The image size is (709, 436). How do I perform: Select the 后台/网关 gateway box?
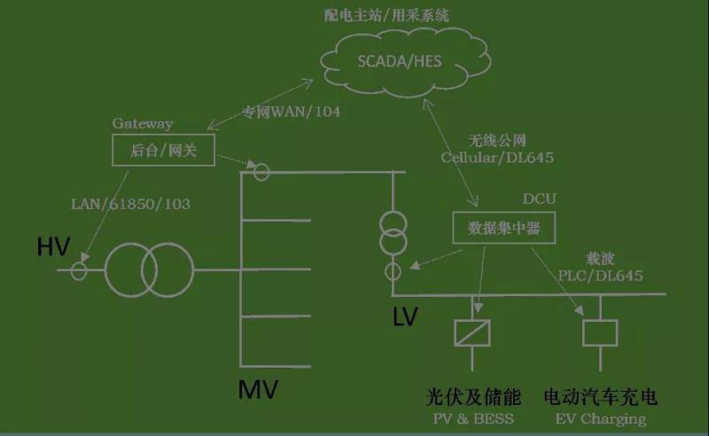tap(162, 151)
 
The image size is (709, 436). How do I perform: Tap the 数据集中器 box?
tap(497, 229)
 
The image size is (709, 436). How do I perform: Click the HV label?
tap(52, 248)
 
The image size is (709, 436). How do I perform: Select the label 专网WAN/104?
tap(292, 113)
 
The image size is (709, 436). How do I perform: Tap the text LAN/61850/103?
tap(130, 205)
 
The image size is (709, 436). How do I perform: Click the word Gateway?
tap(142, 124)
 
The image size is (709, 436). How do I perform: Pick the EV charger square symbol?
tap(600, 333)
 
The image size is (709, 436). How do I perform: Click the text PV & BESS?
tap(472, 418)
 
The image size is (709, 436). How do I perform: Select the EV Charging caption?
tap(600, 418)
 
